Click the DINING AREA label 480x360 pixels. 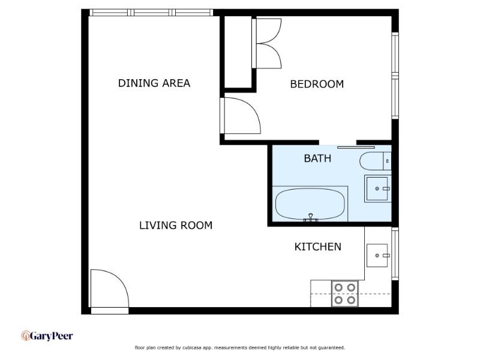(154, 83)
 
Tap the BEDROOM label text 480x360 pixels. (317, 84)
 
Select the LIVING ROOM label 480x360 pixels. (176, 226)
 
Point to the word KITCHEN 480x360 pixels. (318, 247)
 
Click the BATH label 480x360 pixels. (317, 158)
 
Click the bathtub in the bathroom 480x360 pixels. (310, 203)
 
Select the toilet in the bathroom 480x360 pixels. (375, 161)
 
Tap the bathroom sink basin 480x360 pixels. (377, 188)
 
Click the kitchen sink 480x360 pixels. (377, 256)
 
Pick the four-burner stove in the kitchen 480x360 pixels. (344, 293)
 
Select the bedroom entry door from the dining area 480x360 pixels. (241, 116)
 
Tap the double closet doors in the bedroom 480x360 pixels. (266, 43)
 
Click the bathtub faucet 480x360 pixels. (310, 218)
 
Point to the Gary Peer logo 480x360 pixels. (47, 336)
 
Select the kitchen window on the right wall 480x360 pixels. (395, 254)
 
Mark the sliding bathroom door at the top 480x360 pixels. (356, 148)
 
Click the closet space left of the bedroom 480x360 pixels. (238, 52)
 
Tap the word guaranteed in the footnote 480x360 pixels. (332, 348)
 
